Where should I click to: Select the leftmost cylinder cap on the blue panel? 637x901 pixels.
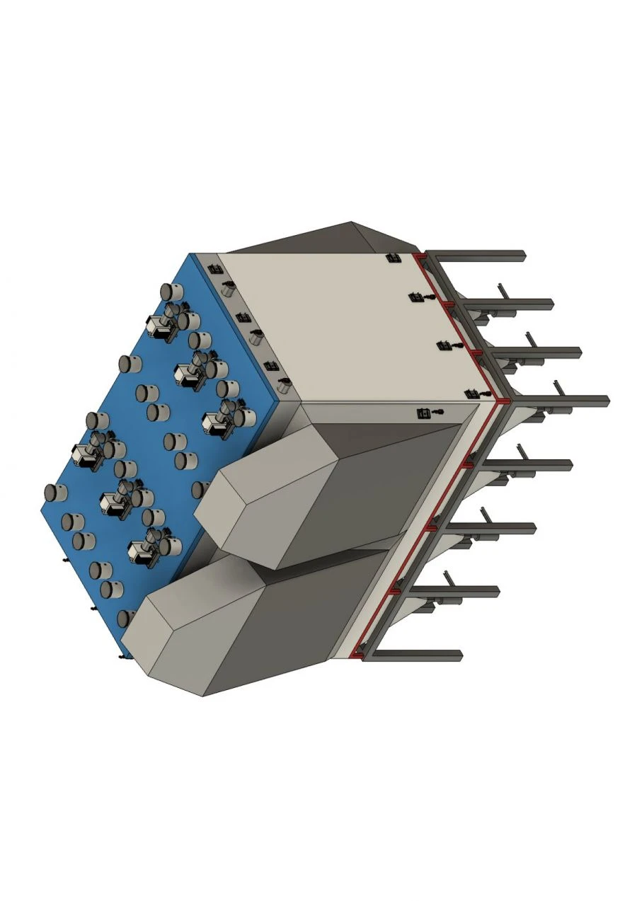52,493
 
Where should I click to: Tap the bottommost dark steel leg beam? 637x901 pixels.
418,655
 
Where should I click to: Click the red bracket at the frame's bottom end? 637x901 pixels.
357,656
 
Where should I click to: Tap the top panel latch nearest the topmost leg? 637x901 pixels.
391,258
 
